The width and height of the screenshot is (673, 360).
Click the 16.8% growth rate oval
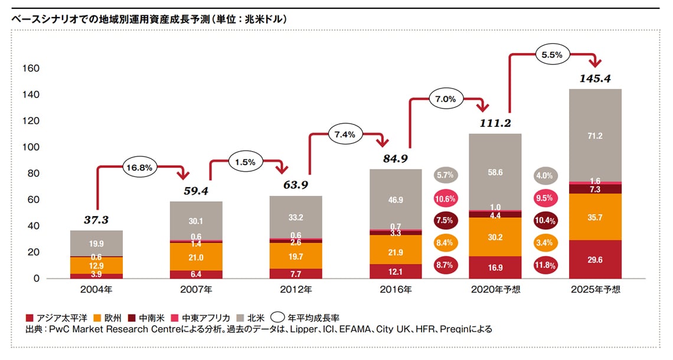(138, 168)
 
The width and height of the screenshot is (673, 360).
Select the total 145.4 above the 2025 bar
(595, 77)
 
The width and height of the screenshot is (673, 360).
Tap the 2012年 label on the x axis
(296, 290)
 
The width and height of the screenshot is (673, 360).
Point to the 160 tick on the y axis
(31, 68)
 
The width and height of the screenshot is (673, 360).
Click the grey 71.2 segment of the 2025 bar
(595, 136)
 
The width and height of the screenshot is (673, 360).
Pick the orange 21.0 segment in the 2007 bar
(197, 257)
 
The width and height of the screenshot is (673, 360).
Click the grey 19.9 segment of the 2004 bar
(96, 243)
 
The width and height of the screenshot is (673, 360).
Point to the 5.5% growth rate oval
(551, 54)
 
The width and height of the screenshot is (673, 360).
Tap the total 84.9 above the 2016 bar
(396, 158)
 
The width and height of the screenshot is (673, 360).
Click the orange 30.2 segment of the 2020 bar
(495, 238)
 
